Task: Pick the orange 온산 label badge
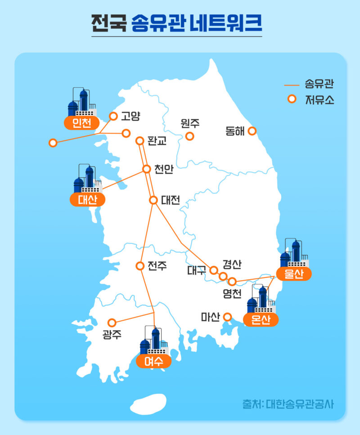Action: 261,319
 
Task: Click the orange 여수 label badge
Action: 154,361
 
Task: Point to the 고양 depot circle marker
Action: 113,116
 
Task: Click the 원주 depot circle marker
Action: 190,136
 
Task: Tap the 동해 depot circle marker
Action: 252,131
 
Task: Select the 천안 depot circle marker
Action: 146,169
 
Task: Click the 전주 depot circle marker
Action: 139,265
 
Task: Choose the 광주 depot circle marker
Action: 112,323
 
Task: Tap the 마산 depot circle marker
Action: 227,317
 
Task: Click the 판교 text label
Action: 157,141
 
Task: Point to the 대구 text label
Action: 197,271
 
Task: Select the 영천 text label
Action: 232,294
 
